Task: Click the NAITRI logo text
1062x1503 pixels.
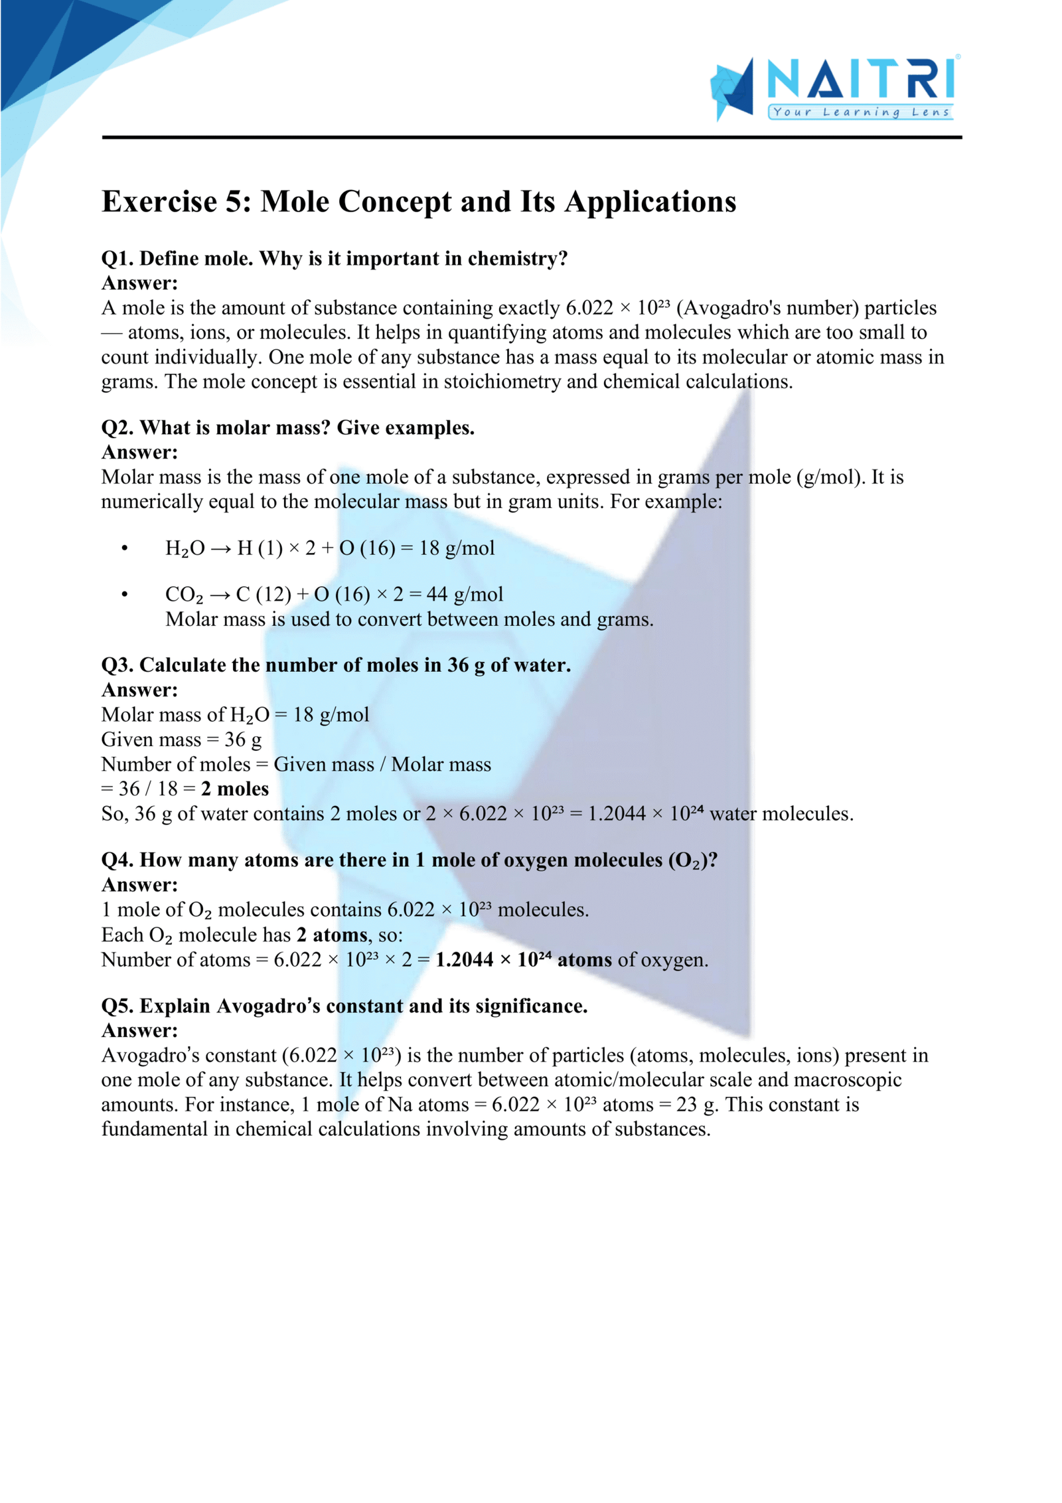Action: click(x=861, y=79)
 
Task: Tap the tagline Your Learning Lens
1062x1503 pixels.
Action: click(x=861, y=112)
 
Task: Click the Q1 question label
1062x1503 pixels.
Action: click(x=118, y=258)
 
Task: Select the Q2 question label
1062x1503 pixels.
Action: click(x=118, y=428)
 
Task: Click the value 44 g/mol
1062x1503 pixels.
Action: click(x=464, y=594)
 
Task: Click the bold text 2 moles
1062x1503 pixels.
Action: click(x=235, y=789)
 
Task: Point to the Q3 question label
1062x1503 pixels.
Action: click(x=118, y=665)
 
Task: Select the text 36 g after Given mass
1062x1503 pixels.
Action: click(x=243, y=740)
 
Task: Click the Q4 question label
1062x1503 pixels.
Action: click(x=118, y=860)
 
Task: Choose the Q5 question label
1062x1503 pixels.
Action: click(x=118, y=1006)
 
